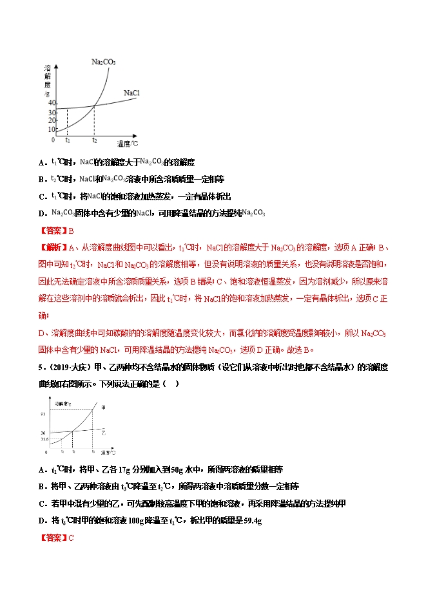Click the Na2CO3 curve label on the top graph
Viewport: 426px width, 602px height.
pos(103,62)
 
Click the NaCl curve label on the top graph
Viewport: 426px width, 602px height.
pos(131,93)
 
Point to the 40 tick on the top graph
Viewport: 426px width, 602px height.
pos(52,104)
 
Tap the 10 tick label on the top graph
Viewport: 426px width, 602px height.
pos(52,129)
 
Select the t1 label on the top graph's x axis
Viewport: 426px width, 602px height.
pos(68,140)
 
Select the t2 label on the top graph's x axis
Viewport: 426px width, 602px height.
pos(95,140)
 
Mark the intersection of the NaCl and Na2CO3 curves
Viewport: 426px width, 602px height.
pos(95,106)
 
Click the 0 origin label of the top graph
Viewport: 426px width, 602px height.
pos(53,139)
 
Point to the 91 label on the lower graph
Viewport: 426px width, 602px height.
pos(42,413)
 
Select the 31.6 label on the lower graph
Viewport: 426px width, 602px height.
pos(43,440)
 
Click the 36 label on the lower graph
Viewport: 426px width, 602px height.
pos(42,433)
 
